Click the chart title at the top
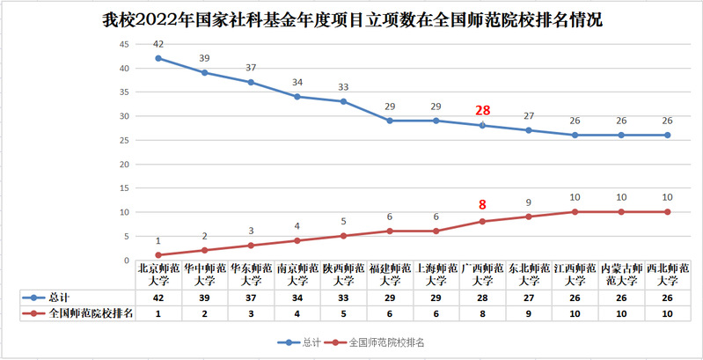tap(352, 18)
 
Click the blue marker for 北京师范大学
tap(158, 58)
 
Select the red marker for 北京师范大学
tap(158, 255)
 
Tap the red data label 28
tap(482, 110)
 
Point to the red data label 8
tap(482, 204)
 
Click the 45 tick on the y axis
tap(125, 44)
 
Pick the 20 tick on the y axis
tap(125, 165)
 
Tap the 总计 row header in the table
tap(67, 298)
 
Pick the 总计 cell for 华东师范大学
tap(251, 298)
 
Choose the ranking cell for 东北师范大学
tap(529, 312)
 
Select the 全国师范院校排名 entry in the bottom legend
tap(378, 341)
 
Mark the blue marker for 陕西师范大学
tap(343, 101)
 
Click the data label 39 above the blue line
tap(205, 58)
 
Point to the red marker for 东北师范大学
tap(529, 217)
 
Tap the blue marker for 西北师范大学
tap(667, 135)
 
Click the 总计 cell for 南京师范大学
tap(297, 298)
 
